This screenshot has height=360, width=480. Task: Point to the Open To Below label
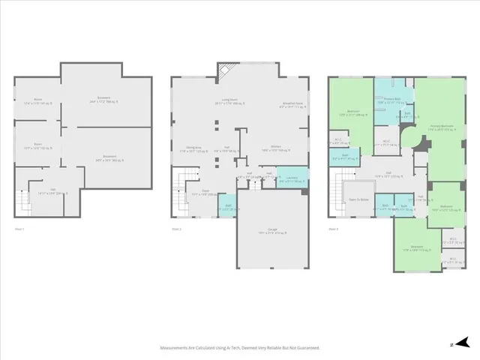[358, 198]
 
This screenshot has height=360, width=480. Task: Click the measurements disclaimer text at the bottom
[239, 348]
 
